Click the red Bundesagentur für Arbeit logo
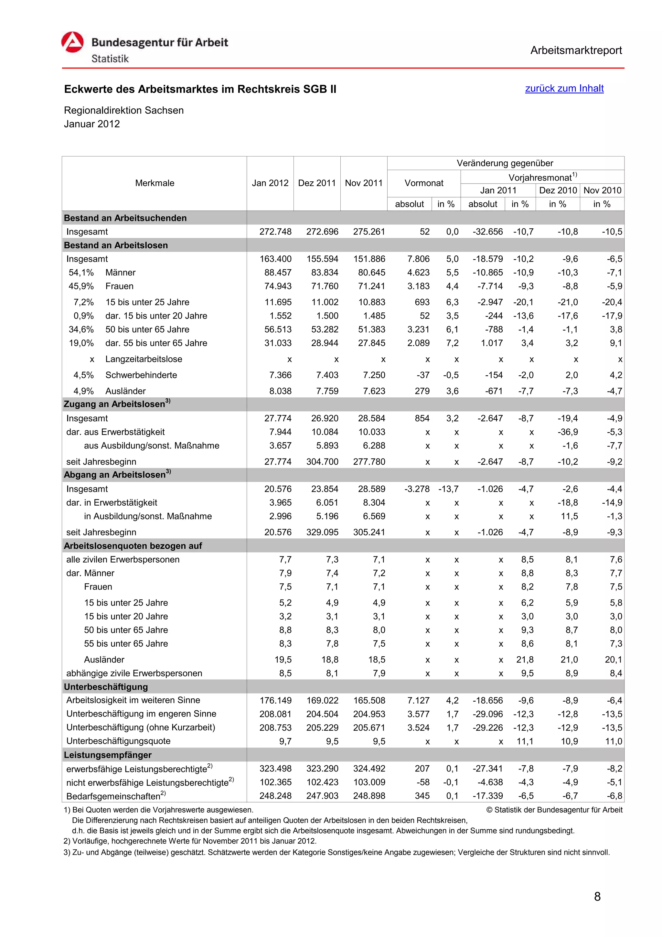(x=73, y=42)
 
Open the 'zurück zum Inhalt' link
(x=564, y=89)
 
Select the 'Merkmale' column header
(x=155, y=183)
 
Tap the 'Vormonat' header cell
(x=423, y=183)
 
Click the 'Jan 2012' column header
(x=270, y=183)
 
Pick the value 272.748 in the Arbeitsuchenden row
(x=275, y=232)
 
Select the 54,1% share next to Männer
(x=81, y=273)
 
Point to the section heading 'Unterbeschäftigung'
(x=106, y=687)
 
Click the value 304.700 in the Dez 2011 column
(x=322, y=462)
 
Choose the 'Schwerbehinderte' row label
(x=141, y=375)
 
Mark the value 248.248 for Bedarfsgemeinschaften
(x=275, y=796)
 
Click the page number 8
(x=597, y=897)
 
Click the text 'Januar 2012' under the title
(x=92, y=124)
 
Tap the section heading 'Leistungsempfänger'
(x=107, y=755)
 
